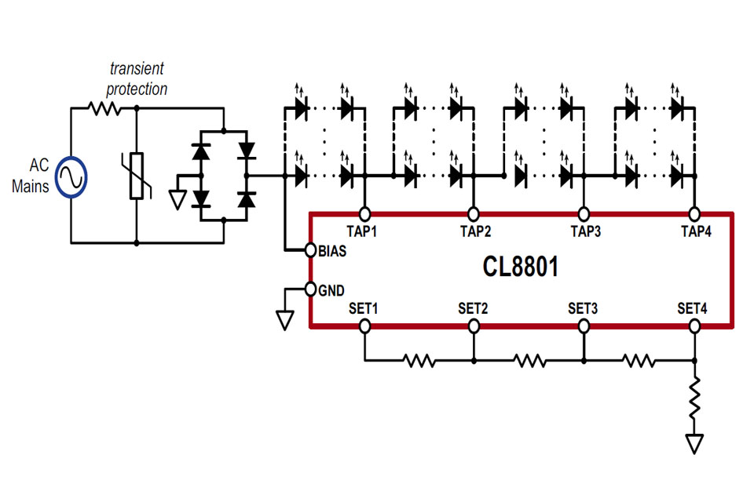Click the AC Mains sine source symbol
coord(71,176)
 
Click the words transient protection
coord(137,79)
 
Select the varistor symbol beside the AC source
coord(137,177)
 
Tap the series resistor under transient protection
coord(105,110)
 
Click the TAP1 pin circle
coord(364,213)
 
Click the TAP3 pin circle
coord(584,213)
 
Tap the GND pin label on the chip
coord(331,289)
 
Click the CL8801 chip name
coord(521,267)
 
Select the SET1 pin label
coord(364,308)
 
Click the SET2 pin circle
coord(474,326)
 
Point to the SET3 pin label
coord(583,308)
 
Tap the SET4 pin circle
coord(694,326)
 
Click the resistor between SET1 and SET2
coord(419,361)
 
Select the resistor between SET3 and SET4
coord(638,361)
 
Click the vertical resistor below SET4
coord(694,398)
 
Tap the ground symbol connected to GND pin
coord(284,320)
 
